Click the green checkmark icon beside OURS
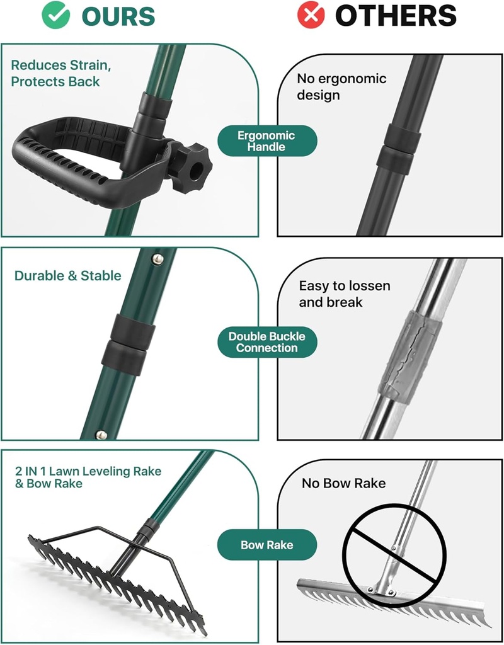coord(56,16)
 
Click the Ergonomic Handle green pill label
coord(266,141)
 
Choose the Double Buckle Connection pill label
coord(266,342)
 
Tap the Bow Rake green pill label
coord(266,545)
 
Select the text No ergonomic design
coord(341,87)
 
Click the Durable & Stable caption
coord(67,276)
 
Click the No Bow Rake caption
coord(343,484)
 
